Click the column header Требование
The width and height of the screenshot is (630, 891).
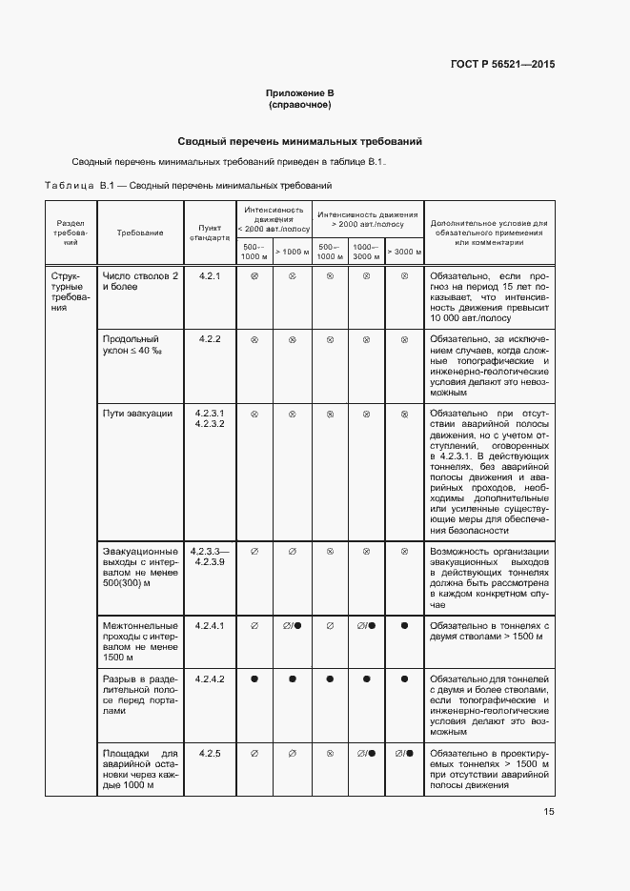[140, 233]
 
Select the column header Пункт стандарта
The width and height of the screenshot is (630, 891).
[209, 233]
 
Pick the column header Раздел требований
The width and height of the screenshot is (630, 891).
[70, 233]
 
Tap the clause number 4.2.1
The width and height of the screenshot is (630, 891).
[209, 276]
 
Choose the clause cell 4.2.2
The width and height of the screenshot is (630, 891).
[209, 339]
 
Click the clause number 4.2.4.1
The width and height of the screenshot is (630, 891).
[209, 626]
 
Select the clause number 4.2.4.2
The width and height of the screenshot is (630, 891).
[209, 678]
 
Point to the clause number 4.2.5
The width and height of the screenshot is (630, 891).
[209, 754]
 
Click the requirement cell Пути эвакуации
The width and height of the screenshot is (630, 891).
[137, 414]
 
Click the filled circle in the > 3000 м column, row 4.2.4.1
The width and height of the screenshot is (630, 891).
[404, 626]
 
